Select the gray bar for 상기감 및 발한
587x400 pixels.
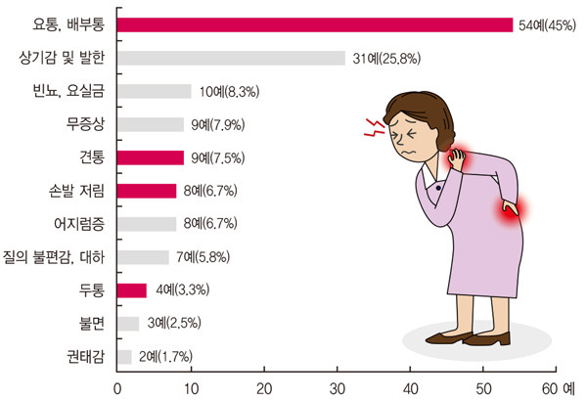click(231, 58)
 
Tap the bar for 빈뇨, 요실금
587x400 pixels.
click(155, 91)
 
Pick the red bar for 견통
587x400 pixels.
click(151, 157)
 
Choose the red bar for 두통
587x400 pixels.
click(132, 289)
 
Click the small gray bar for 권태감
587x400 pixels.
click(124, 356)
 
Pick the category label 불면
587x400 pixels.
click(92, 323)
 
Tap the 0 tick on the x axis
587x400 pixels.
click(118, 386)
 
